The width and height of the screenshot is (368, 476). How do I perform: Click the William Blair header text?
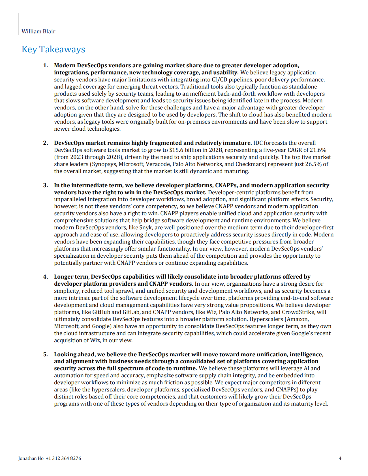point(38,31)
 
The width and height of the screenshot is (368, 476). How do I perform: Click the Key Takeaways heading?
point(53,49)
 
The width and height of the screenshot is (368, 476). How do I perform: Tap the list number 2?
point(46,143)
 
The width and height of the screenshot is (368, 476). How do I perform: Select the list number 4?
point(46,277)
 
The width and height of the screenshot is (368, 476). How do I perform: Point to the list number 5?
point(46,354)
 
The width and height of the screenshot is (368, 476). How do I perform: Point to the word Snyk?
point(146,227)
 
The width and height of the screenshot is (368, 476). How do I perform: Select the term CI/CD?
point(220,79)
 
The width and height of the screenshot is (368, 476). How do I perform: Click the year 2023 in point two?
point(77,157)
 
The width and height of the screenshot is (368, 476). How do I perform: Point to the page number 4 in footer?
point(340,458)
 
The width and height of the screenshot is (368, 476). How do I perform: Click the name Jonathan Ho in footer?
point(31,458)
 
